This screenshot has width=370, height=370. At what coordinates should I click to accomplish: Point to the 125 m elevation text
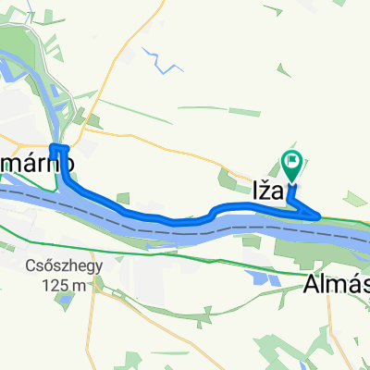coord(63,284)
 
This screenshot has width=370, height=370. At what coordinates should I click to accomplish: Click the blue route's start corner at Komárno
coord(53,147)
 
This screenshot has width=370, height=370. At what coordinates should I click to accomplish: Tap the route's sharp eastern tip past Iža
coord(320,217)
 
